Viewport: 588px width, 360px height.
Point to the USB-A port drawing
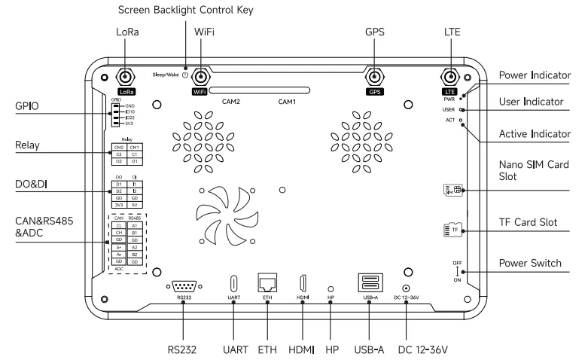(370, 284)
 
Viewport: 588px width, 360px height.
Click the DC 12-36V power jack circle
(407, 288)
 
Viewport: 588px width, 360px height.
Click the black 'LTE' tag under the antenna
(449, 91)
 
